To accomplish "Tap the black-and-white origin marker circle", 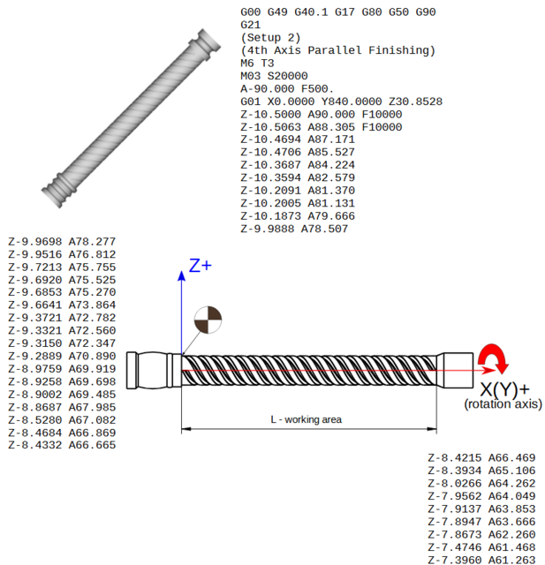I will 208,320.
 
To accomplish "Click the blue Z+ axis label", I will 201,265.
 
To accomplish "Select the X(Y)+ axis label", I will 504,389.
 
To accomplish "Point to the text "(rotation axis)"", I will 503,404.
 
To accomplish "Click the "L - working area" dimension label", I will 306,419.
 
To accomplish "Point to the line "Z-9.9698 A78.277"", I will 62,241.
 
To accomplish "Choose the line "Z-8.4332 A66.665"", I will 62,445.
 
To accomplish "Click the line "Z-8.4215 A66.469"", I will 481,457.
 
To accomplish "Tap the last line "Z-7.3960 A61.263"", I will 481,559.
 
